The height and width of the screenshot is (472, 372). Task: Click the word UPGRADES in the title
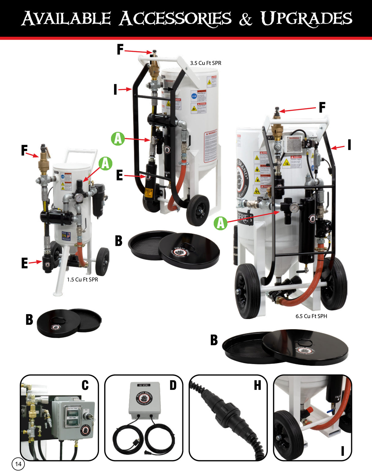coord(306,18)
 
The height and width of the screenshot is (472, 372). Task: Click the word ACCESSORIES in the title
coord(175,18)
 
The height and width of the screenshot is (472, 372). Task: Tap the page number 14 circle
coord(18,464)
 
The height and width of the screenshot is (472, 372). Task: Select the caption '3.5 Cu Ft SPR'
coord(205,63)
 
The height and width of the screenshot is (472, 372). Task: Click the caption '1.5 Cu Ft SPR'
coord(82,280)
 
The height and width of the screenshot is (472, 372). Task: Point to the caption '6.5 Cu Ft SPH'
coord(311,316)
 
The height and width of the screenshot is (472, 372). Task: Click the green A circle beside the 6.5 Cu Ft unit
coord(221,223)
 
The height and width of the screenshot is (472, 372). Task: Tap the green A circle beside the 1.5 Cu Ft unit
coord(105,163)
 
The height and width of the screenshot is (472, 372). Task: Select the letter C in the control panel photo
coord(85,385)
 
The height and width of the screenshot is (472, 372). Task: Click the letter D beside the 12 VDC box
coord(173,385)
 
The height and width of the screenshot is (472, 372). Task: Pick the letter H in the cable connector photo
coord(257,385)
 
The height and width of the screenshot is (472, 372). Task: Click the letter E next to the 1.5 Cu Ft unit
coord(25,263)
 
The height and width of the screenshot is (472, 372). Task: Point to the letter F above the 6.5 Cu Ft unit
coord(322,107)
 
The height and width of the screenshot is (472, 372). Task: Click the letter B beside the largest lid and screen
coord(214,340)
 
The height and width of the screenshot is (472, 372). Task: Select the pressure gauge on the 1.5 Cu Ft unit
coord(79,198)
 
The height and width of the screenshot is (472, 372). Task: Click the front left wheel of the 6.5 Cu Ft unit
coord(248,291)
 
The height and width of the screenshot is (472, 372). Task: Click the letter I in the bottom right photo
coord(343,451)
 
